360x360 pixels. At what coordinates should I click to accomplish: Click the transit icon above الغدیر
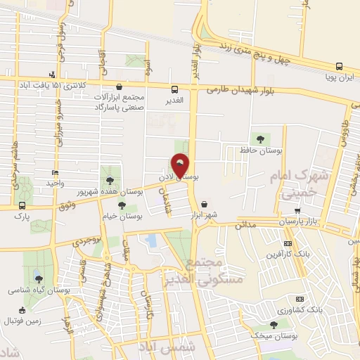[x=175, y=89]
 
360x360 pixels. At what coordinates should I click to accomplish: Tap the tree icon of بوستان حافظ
[x=261, y=139]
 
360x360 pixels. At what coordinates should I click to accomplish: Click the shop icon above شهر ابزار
[x=205, y=204]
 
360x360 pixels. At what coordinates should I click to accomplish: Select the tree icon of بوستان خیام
[x=122, y=206]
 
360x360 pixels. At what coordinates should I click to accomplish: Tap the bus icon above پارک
[x=22, y=206]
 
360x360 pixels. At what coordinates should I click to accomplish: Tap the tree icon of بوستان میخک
[x=274, y=325]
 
